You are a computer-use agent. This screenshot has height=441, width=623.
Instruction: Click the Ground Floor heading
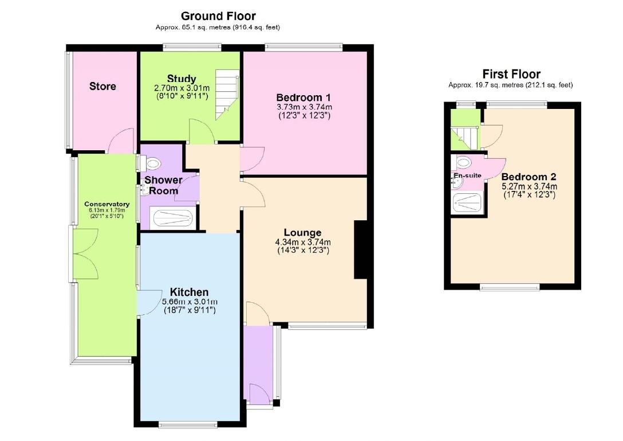pyautogui.click(x=218, y=16)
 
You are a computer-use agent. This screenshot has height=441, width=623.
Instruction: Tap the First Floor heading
pyautogui.click(x=511, y=74)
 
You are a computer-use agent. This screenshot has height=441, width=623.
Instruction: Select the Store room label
pyautogui.click(x=102, y=87)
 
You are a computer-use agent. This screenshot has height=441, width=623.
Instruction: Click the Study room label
pyautogui.click(x=182, y=79)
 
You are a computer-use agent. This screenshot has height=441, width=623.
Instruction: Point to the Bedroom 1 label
pyautogui.click(x=303, y=97)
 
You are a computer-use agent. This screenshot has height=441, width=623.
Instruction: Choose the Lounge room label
pyautogui.click(x=302, y=233)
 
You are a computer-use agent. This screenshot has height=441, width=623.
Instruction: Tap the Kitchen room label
pyautogui.click(x=189, y=292)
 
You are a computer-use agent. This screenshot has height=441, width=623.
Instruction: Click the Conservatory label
pyautogui.click(x=107, y=204)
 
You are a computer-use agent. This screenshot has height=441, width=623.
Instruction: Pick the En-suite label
pyautogui.click(x=467, y=175)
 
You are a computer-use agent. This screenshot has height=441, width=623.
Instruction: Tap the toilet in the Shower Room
pyautogui.click(x=153, y=165)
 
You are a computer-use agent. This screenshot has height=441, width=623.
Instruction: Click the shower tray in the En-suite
pyautogui.click(x=467, y=203)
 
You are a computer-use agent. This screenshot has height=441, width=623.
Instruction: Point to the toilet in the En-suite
pyautogui.click(x=463, y=161)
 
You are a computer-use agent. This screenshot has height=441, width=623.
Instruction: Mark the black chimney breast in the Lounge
pyautogui.click(x=361, y=250)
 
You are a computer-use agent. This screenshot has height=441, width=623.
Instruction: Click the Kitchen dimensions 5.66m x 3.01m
pyautogui.click(x=189, y=302)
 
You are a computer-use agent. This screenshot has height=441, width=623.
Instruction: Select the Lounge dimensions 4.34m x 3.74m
pyautogui.click(x=302, y=242)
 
